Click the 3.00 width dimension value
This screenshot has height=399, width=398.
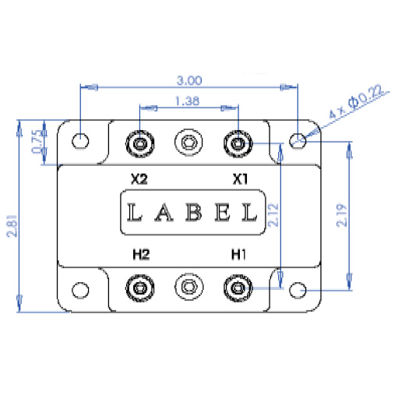[189, 79]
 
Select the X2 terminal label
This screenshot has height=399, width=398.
[139, 178]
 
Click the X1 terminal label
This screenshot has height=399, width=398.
[241, 178]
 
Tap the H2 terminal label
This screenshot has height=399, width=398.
[139, 254]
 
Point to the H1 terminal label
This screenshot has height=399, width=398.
[238, 254]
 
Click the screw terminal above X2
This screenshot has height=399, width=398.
[140, 143]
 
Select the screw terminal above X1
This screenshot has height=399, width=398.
[237, 143]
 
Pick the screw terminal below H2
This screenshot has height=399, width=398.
[140, 288]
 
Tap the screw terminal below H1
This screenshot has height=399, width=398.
[237, 288]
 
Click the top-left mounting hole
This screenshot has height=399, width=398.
[80, 141]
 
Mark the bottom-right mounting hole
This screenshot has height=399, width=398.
[298, 291]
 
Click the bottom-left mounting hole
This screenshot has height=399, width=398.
[80, 291]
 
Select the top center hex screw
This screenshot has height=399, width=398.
[188, 143]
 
